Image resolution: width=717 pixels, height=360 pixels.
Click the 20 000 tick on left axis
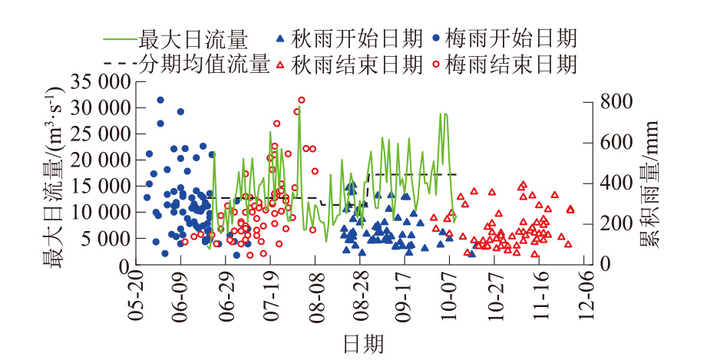coord(100,160)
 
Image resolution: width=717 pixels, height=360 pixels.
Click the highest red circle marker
coord(302,100)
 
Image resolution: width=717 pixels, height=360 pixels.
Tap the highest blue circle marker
coord(160,100)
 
